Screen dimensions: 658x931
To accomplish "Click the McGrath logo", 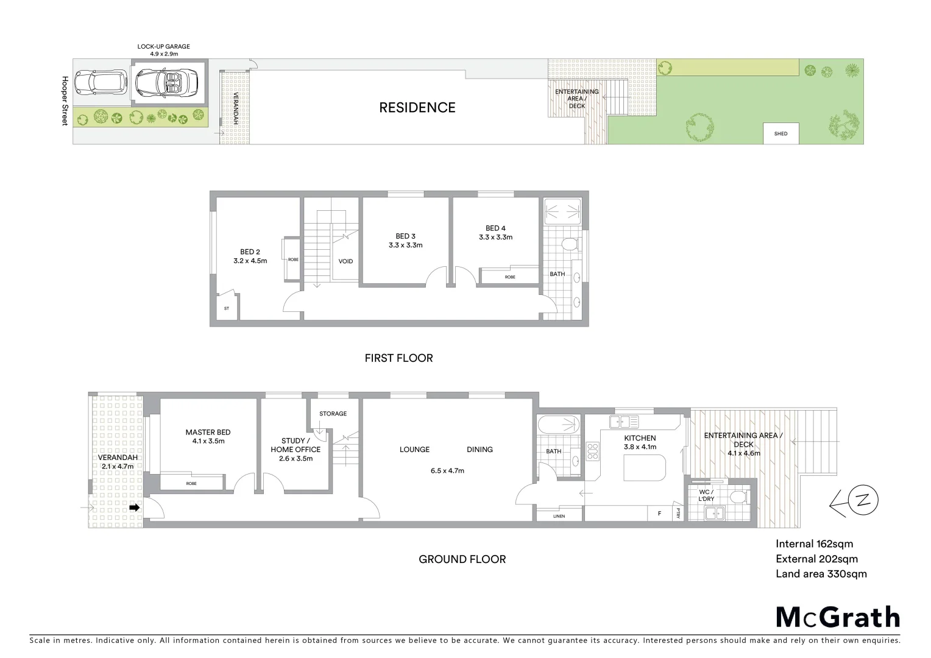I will [x=837, y=617].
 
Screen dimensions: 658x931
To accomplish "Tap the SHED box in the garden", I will [x=781, y=133].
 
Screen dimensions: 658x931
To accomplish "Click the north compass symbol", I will [x=862, y=501].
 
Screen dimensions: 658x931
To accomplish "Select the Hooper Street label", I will [x=65, y=101].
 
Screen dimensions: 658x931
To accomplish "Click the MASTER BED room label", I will [x=208, y=433].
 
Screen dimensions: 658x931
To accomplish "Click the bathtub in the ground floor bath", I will [x=558, y=424].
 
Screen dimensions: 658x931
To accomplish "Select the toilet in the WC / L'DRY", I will [x=737, y=497].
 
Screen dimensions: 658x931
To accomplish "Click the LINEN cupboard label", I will [x=559, y=516].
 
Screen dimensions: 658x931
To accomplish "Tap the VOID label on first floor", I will [x=345, y=261].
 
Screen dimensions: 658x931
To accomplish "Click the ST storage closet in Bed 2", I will [x=227, y=308].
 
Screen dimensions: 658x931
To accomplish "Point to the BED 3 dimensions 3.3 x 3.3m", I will [x=405, y=246].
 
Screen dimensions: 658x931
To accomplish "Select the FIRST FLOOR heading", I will [x=398, y=358].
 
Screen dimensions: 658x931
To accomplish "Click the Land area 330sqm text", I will [x=821, y=574].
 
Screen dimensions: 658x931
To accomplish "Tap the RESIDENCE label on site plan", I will [x=417, y=108].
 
